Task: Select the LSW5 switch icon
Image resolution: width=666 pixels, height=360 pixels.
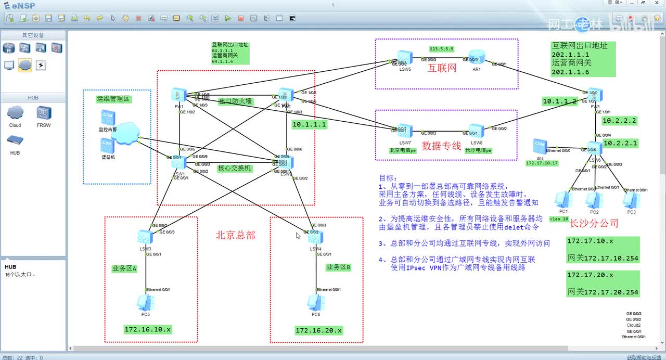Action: (x=405, y=57)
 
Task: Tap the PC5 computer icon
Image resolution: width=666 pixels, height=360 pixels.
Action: (x=145, y=302)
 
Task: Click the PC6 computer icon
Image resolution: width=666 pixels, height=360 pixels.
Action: (x=315, y=302)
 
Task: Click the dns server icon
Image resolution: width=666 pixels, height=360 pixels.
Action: (x=539, y=146)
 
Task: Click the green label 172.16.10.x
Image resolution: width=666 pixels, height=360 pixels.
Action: (x=148, y=329)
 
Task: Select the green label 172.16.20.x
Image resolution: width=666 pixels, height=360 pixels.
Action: (x=319, y=330)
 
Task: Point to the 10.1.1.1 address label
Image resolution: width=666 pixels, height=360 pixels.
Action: (x=309, y=124)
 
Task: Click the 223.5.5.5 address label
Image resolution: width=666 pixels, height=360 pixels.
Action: (x=442, y=49)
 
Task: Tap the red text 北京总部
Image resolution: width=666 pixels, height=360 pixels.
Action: (x=236, y=235)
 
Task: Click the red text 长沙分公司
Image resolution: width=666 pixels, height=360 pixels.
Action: (x=594, y=224)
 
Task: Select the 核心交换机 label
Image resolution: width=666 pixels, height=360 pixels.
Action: (x=234, y=168)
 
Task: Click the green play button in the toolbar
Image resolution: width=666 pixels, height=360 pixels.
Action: (x=228, y=18)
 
